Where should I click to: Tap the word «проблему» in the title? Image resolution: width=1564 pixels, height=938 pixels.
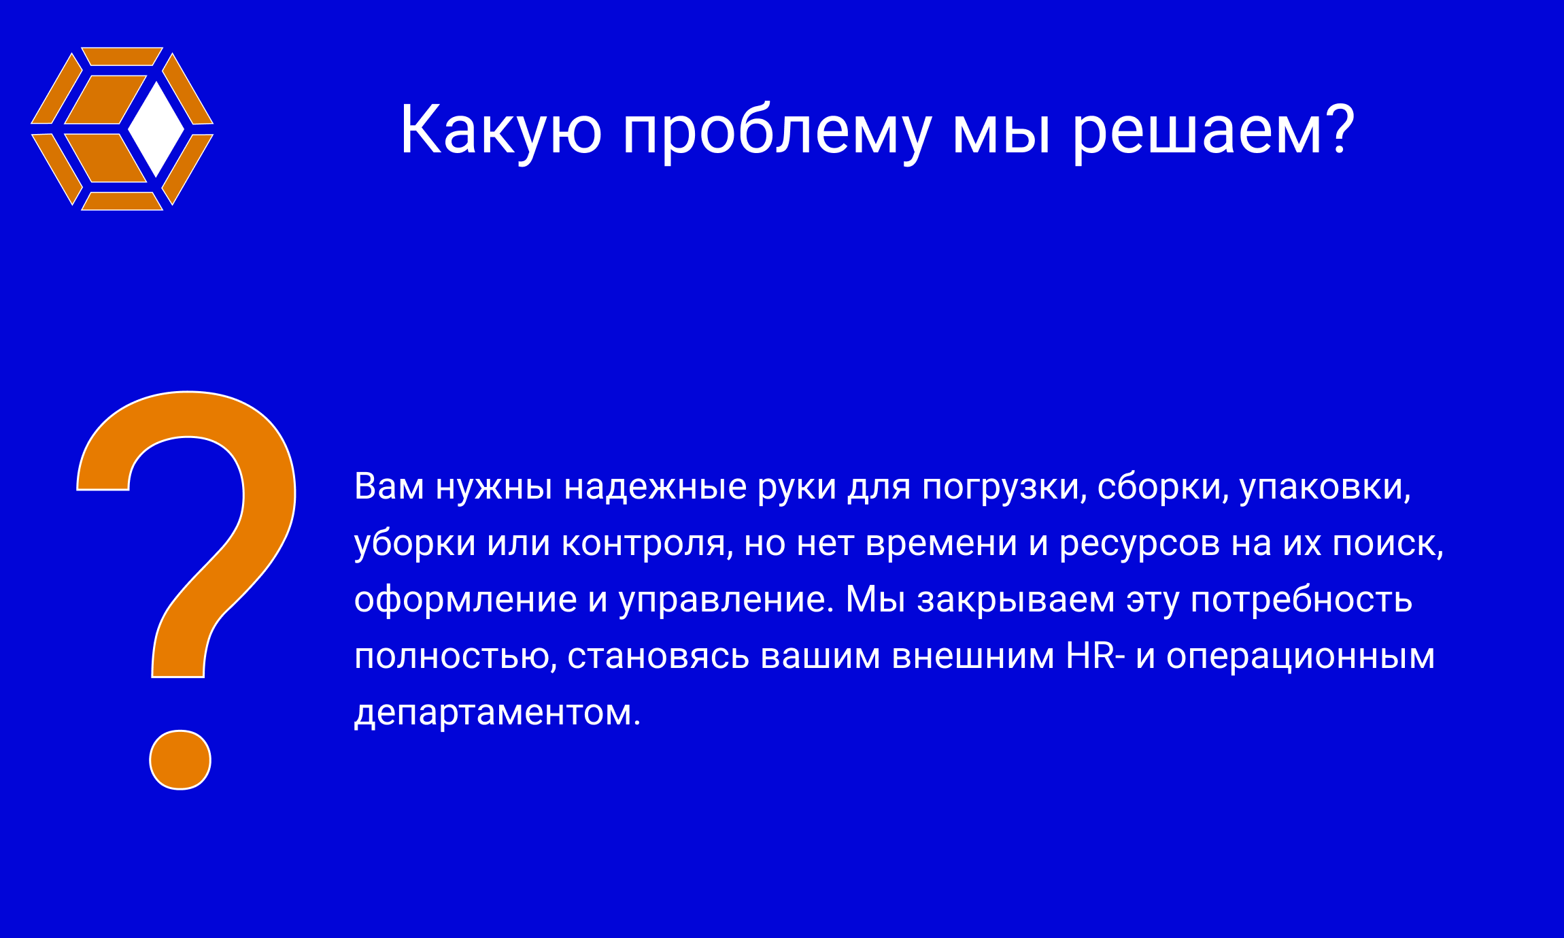pos(777,133)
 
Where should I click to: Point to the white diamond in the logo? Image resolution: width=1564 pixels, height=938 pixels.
pos(156,129)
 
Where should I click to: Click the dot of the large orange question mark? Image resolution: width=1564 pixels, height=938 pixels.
pos(180,760)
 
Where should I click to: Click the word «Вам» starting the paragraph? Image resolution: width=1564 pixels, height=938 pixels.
pos(389,487)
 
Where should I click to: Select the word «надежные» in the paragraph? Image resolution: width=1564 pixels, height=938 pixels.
pos(656,487)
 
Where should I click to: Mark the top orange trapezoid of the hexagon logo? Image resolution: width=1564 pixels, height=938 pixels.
pos(122,56)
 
